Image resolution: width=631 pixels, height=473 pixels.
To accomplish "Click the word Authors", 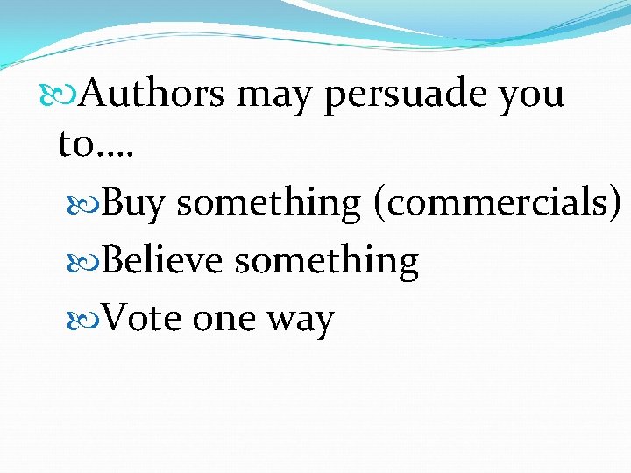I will click(x=152, y=93).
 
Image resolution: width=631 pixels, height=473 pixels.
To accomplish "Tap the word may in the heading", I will click(x=275, y=93).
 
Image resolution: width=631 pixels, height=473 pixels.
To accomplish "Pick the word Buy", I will click(x=133, y=203).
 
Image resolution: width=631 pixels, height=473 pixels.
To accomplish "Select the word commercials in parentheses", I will click(x=494, y=202).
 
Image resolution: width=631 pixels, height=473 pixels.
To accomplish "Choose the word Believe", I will click(x=162, y=260).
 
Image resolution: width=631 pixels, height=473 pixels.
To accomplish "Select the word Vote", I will click(x=141, y=318).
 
